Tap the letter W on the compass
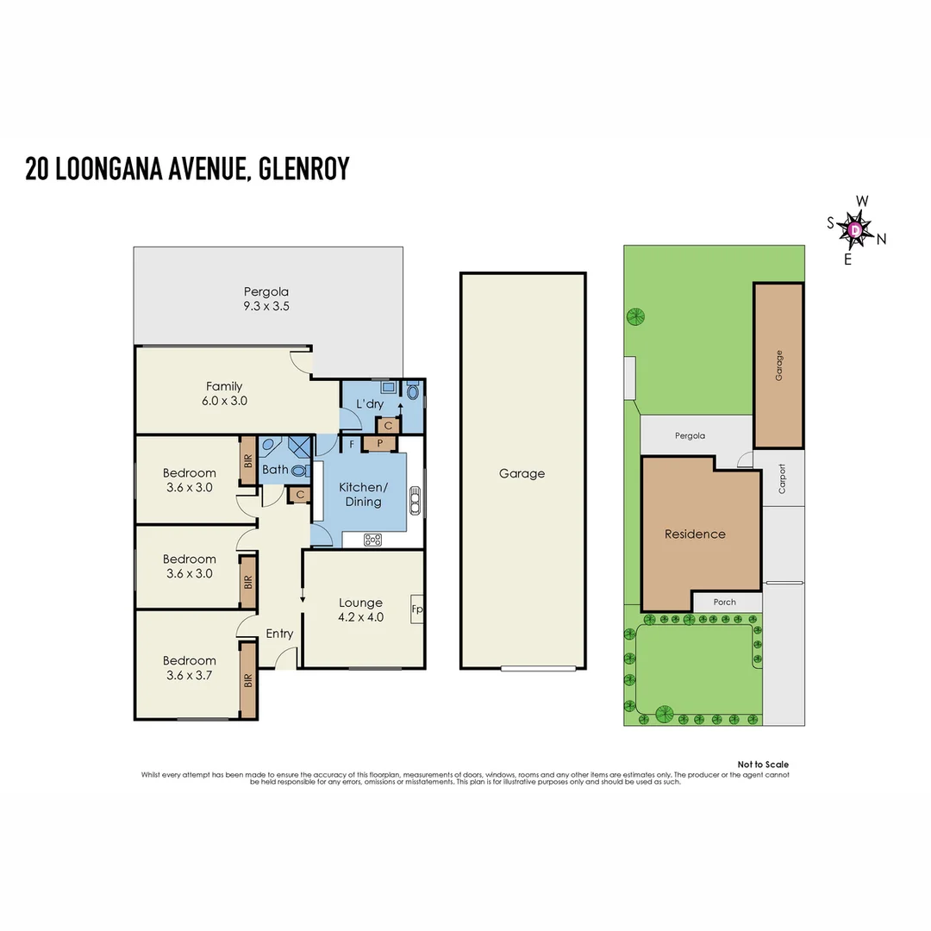pyautogui.click(x=861, y=202)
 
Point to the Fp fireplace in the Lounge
pyautogui.click(x=416, y=609)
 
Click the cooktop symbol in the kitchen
pyautogui.click(x=373, y=540)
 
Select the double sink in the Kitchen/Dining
pyautogui.click(x=415, y=499)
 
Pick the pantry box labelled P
pyautogui.click(x=379, y=443)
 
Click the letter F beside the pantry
pyautogui.click(x=351, y=445)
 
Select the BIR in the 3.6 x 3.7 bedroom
pyautogui.click(x=248, y=679)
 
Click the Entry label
pyautogui.click(x=279, y=634)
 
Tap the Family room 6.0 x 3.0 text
pyautogui.click(x=224, y=401)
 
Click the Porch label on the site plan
pyautogui.click(x=725, y=602)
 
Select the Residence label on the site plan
pyautogui.click(x=695, y=534)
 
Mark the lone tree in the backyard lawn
pyautogui.click(x=636, y=316)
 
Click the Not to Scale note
pyautogui.click(x=763, y=765)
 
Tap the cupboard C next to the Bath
pyautogui.click(x=300, y=495)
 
